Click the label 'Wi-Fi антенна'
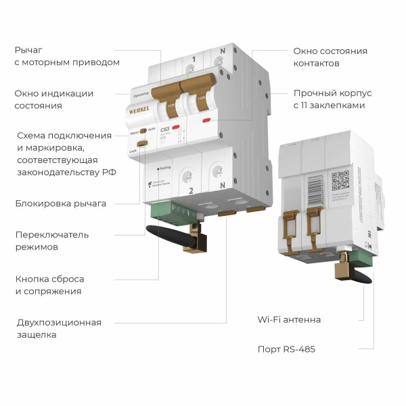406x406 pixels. click(289, 319)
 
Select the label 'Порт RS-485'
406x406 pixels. click(286, 349)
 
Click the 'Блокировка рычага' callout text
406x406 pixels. click(61, 203)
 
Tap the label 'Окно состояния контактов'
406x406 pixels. click(330, 57)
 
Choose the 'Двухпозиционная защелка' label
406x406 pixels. click(59, 328)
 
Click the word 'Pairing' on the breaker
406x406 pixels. click(164, 166)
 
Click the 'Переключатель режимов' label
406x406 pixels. click(53, 241)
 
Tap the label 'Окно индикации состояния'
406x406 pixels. click(54, 99)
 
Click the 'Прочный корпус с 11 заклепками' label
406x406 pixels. click(332, 99)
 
